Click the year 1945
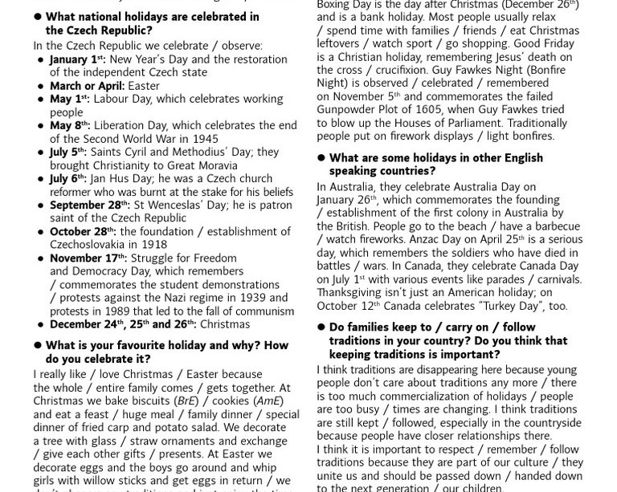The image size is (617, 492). pyautogui.click(x=205, y=138)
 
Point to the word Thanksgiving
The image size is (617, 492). pyautogui.click(x=354, y=292)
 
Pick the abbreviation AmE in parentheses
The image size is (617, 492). pyautogui.click(x=268, y=401)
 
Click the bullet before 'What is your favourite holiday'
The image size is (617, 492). pyautogui.click(x=37, y=345)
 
